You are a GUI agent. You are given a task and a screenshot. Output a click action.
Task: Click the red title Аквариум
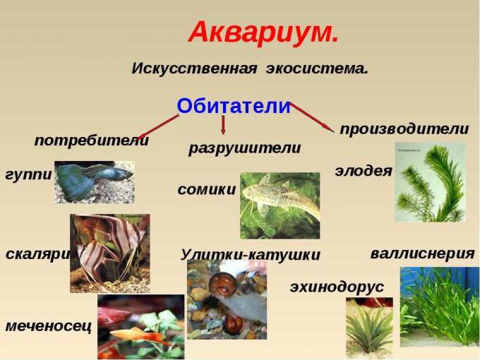(x=263, y=32)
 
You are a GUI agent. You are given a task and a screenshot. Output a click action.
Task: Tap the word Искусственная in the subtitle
(x=194, y=68)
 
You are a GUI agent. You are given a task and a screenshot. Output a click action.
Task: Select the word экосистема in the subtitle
(x=317, y=68)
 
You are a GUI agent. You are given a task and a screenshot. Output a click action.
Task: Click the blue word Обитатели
(x=233, y=106)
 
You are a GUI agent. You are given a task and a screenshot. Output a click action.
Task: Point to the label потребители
(x=92, y=140)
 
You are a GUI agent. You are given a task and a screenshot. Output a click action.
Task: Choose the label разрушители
(x=245, y=148)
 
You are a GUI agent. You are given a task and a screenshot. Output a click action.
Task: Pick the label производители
(x=404, y=129)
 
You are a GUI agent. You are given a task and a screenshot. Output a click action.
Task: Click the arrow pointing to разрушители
(x=223, y=125)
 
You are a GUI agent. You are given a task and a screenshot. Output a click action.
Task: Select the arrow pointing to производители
(x=312, y=118)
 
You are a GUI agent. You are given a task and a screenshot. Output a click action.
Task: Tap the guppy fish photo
(x=95, y=182)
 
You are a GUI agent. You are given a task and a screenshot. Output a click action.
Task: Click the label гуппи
(x=29, y=175)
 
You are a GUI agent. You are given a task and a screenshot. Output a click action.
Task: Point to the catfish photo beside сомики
(x=280, y=205)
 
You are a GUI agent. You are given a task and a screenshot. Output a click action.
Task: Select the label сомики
(x=207, y=189)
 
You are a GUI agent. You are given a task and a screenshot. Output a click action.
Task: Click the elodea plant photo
(x=431, y=182)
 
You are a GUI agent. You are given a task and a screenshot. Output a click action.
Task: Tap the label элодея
(x=364, y=171)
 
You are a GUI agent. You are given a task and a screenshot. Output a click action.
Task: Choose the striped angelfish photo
(x=110, y=253)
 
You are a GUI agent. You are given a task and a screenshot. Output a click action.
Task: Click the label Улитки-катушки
(x=250, y=254)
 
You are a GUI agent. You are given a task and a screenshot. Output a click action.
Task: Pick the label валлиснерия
(x=422, y=254)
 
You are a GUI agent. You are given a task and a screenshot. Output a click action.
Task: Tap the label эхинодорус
(x=337, y=287)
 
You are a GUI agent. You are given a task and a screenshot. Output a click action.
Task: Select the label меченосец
(x=49, y=325)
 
